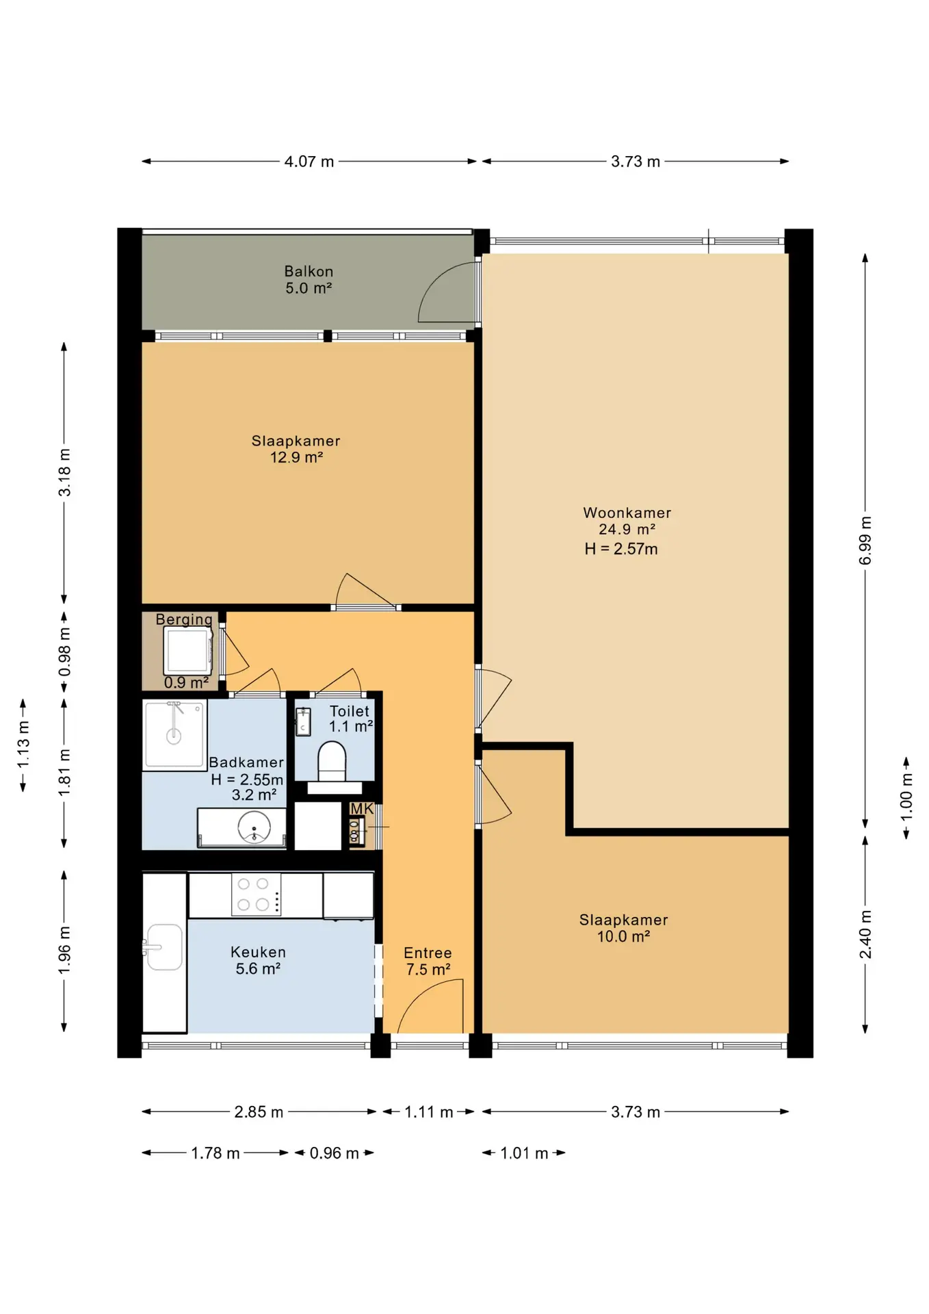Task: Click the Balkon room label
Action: tap(309, 272)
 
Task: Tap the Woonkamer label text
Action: tap(627, 513)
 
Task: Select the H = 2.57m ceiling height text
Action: tap(621, 549)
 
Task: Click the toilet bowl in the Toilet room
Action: tap(332, 760)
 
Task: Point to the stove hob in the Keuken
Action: tap(254, 894)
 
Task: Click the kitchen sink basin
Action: tap(165, 947)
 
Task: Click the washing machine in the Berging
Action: tap(187, 651)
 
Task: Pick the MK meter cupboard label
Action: tap(362, 809)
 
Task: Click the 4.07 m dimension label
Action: tap(309, 162)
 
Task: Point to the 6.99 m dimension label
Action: tap(865, 541)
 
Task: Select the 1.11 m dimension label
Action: tap(428, 1112)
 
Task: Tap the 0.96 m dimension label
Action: tap(334, 1153)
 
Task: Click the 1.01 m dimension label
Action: tap(524, 1153)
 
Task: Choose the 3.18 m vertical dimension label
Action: tap(64, 472)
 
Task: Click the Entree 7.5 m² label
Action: tap(428, 961)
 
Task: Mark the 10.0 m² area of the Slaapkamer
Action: tap(623, 937)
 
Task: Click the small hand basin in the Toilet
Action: tap(303, 721)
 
